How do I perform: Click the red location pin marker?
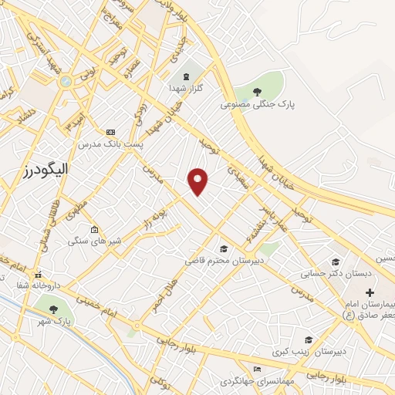198,181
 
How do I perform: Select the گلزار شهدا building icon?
187,76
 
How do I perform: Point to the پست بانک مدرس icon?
110,132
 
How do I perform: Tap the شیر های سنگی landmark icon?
94,229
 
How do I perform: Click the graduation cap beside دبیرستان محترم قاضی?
224,248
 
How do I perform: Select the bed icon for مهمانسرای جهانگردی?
258,369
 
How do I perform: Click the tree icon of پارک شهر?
53,309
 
